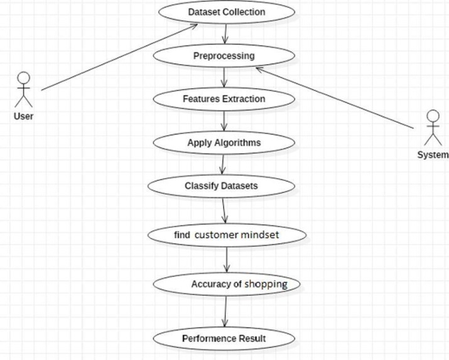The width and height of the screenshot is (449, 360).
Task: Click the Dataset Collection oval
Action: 226,12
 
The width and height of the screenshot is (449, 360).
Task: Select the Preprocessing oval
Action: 224,56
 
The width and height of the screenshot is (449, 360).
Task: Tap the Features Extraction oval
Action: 224,99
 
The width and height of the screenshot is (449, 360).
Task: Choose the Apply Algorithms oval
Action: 224,143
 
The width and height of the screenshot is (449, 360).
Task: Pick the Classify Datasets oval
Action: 221,186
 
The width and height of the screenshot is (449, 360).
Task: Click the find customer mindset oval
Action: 226,235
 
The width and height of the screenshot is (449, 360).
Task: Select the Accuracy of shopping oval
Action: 226,285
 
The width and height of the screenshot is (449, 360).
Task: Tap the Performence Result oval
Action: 224,339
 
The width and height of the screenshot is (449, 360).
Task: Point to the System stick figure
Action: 432,129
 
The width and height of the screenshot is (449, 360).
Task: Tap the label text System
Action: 433,155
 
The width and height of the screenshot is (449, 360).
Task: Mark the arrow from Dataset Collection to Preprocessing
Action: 225,33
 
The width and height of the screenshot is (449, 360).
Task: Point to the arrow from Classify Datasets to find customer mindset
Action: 224,210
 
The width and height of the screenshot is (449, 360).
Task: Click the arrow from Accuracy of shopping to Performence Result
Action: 225,312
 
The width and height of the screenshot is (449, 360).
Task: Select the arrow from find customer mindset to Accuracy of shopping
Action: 227,259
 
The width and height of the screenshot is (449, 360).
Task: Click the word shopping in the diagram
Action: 265,285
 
